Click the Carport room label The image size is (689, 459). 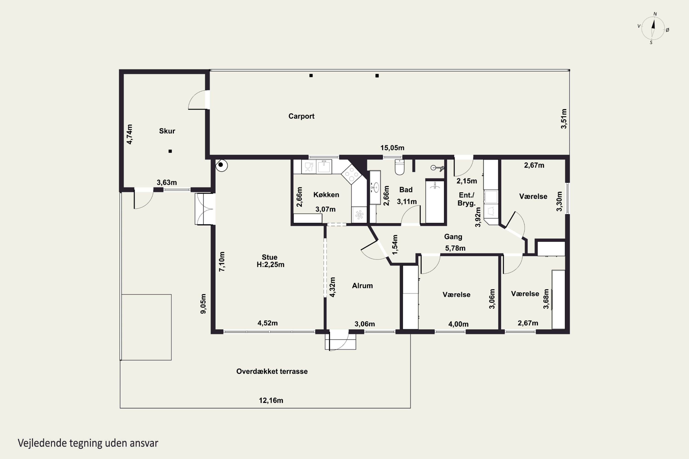point(301,116)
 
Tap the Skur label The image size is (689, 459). point(167,131)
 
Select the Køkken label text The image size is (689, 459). point(326,195)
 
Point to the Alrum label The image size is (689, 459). point(362,286)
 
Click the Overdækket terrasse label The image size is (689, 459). point(272,372)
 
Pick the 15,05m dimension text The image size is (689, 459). point(392,148)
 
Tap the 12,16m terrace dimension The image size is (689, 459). point(271,400)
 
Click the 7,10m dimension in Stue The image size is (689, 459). point(222,262)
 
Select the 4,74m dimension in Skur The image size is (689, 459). point(129,134)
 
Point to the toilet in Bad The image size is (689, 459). point(400,167)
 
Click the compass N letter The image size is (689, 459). point(655,14)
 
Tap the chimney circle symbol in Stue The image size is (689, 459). point(221,165)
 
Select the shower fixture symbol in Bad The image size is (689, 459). point(437,168)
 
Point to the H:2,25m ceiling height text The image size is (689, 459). point(270,265)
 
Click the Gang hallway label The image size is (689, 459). point(453,237)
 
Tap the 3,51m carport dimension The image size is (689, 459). point(564,119)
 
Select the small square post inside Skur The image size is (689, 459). point(170,151)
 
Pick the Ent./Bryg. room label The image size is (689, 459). point(466,199)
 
